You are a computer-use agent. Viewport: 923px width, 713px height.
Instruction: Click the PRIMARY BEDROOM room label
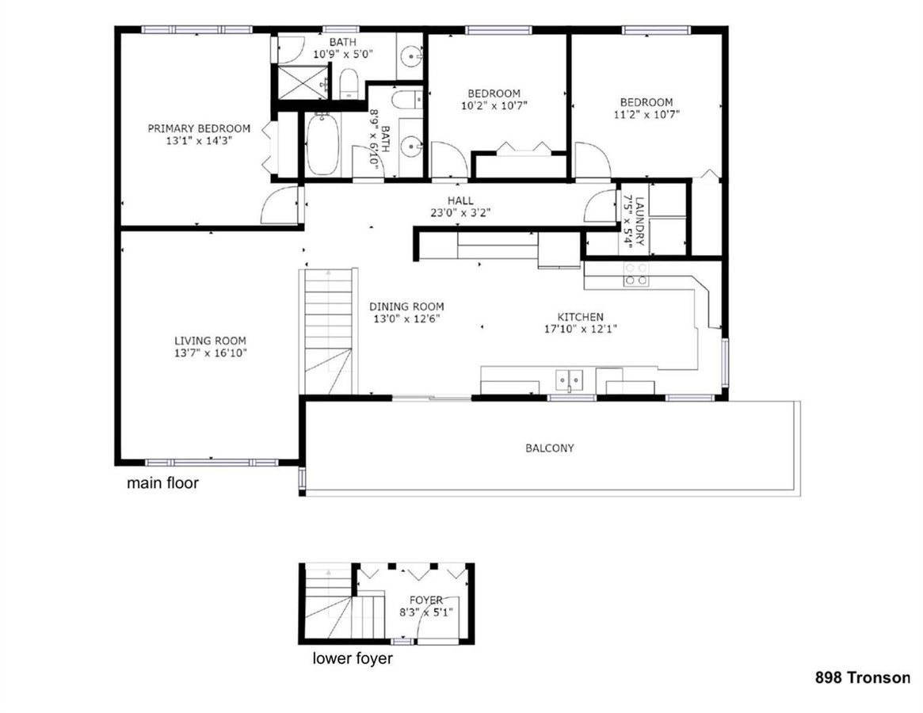(199, 128)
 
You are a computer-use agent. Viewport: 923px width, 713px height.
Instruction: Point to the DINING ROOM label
(406, 307)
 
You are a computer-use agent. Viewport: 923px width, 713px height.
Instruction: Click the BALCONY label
(550, 448)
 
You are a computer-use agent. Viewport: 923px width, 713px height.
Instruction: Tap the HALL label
(460, 200)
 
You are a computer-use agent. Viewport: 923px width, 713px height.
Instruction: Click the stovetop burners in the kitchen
(635, 274)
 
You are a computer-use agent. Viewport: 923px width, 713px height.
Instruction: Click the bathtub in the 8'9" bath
(322, 145)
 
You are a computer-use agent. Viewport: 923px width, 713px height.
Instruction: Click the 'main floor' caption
(162, 482)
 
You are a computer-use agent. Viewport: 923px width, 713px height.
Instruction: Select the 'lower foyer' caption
(352, 658)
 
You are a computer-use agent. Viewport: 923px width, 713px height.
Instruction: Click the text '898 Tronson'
(863, 677)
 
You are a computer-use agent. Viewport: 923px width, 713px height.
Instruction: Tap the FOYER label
(425, 600)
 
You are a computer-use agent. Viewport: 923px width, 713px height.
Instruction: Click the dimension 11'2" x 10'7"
(646, 114)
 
